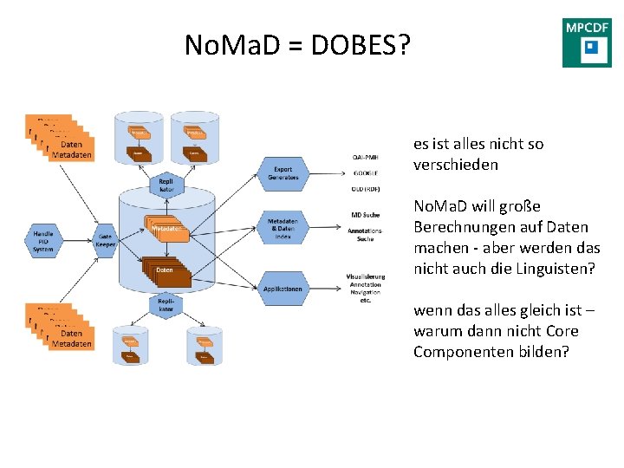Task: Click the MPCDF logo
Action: coord(587,42)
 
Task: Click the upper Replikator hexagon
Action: coord(166,185)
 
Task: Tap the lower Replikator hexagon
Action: coord(166,304)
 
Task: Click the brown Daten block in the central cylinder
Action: coord(164,271)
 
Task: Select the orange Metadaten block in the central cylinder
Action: coord(164,228)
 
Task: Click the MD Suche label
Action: coord(367,214)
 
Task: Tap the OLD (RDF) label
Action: coord(366,186)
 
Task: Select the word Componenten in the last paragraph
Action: coord(460,352)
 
